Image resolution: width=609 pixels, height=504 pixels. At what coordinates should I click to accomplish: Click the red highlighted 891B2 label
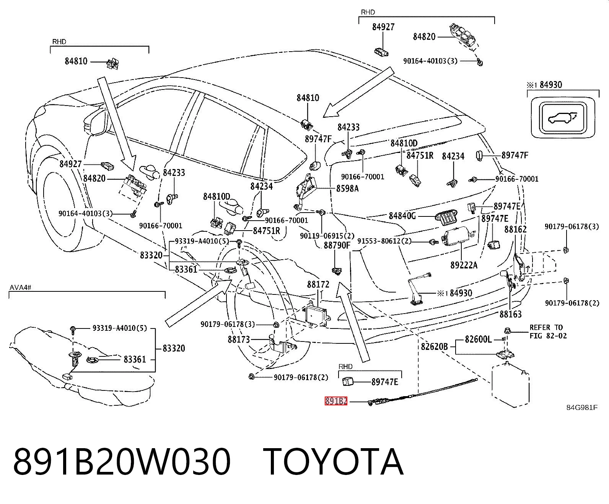[336, 402]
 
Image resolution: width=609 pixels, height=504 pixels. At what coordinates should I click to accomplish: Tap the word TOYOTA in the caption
[333, 462]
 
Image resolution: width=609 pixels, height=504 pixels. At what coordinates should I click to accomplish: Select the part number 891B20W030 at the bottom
[122, 462]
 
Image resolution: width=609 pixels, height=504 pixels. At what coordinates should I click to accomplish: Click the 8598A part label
[347, 189]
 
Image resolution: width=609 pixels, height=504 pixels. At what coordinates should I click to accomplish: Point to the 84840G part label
[402, 216]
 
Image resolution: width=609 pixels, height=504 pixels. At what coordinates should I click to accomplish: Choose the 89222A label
[464, 265]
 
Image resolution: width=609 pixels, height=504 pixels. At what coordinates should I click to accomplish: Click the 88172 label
[318, 284]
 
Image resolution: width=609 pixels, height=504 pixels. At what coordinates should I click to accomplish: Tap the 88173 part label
[239, 340]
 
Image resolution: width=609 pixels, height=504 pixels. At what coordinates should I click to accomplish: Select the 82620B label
[434, 346]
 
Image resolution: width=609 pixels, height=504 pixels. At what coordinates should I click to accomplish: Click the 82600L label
[478, 339]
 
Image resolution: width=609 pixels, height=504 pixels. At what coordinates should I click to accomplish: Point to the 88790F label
[337, 245]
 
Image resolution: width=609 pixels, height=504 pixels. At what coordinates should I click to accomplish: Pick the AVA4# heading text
[20, 287]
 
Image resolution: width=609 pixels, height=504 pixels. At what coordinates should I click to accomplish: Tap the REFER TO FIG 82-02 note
[548, 332]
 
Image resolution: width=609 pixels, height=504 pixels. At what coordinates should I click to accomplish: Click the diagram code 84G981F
[582, 408]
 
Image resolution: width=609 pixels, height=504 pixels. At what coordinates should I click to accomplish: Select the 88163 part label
[510, 314]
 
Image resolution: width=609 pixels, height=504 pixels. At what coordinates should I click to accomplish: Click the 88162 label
[515, 229]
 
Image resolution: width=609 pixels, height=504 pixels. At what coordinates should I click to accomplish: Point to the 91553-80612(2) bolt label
[384, 241]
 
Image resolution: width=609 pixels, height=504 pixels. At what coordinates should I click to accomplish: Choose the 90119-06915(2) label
[327, 236]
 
